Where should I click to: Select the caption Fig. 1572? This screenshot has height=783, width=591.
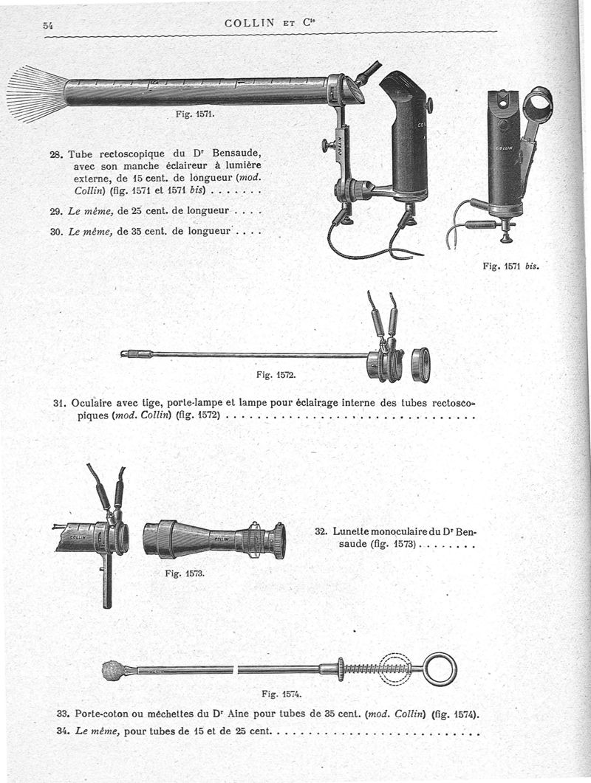point(276,375)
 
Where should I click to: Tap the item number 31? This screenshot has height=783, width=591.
point(61,404)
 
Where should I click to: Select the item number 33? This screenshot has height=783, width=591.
point(63,714)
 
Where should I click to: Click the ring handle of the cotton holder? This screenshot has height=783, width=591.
point(440,669)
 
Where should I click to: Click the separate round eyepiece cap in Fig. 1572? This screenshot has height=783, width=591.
point(420,365)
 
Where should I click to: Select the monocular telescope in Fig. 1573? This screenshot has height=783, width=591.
point(214,539)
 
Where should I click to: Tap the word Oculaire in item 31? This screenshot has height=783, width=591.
point(95,404)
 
